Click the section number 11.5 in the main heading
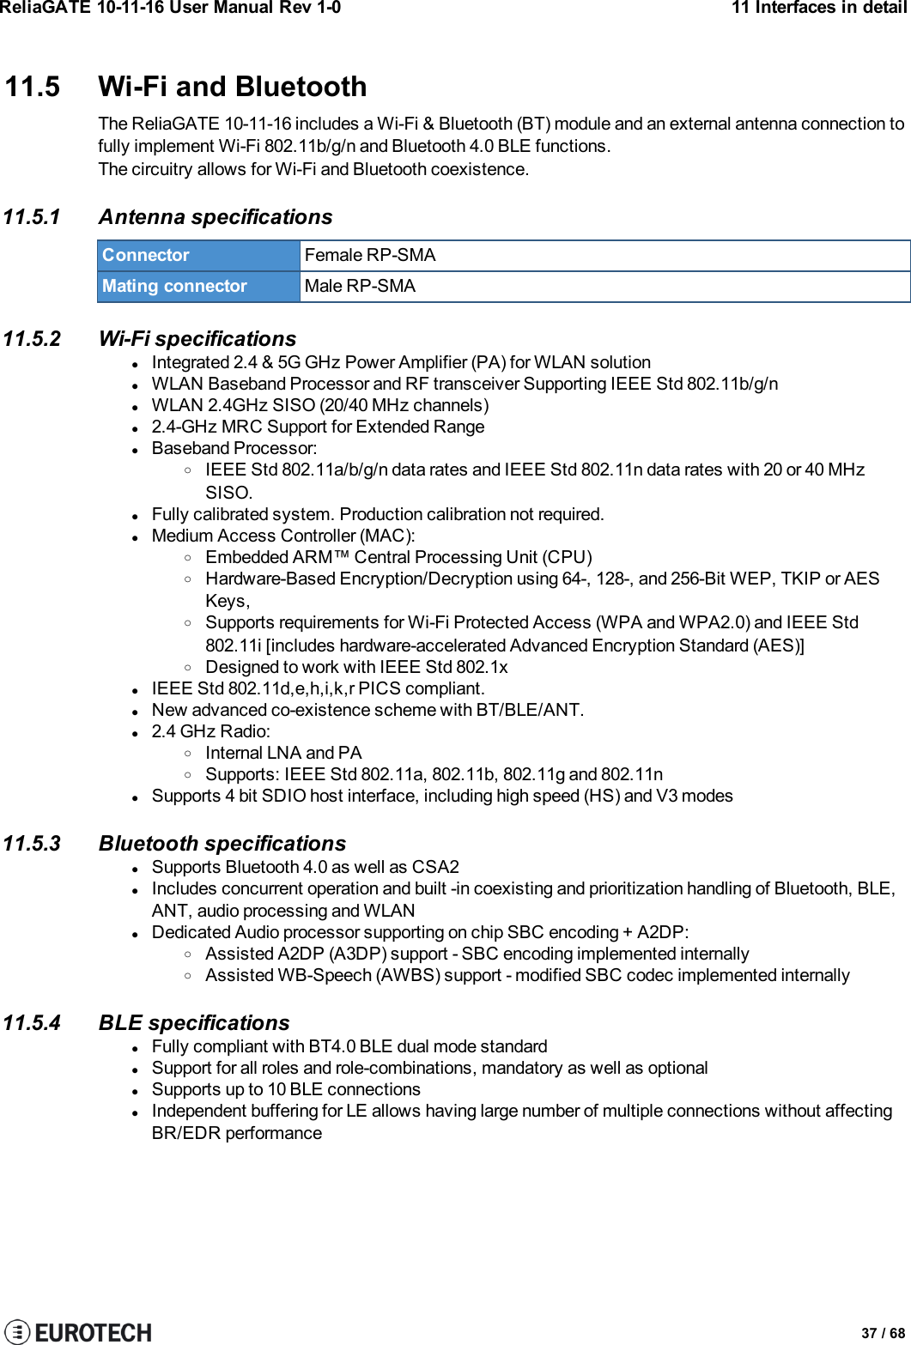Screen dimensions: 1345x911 [33, 87]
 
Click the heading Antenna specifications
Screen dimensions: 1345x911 [216, 217]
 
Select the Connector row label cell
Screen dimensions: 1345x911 [198, 255]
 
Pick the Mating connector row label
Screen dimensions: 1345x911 [198, 286]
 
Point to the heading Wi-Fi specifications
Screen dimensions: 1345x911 [197, 339]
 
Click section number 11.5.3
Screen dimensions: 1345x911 [32, 844]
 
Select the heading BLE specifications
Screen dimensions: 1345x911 [194, 1023]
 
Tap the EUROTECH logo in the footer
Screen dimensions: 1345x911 [78, 1331]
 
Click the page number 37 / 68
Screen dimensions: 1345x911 [883, 1333]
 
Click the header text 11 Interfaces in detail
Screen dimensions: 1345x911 [818, 8]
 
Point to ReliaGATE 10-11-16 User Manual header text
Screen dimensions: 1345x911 [170, 8]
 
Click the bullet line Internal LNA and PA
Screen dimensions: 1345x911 [283, 753]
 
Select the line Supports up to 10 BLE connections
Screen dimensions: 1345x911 [286, 1089]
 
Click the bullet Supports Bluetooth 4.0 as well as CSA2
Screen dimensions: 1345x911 [305, 867]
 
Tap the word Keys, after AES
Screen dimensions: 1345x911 [228, 601]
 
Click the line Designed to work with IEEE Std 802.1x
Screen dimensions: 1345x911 [356, 667]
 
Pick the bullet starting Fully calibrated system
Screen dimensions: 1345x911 [378, 514]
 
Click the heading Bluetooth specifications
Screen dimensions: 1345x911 [222, 844]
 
